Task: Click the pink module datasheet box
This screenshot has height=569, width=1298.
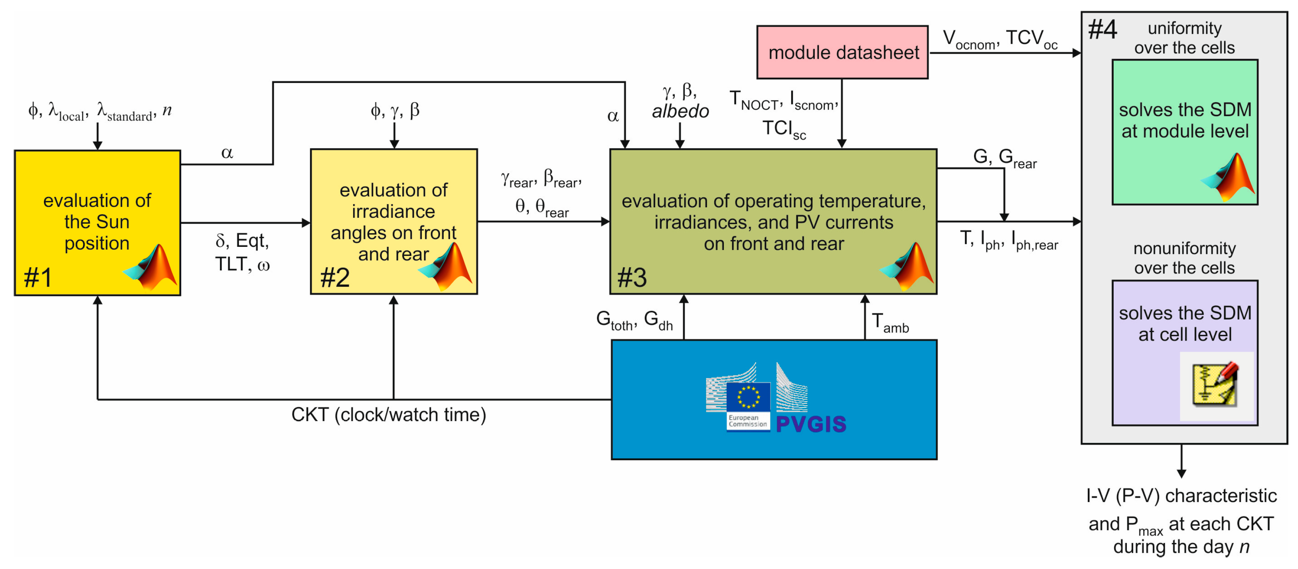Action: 842,52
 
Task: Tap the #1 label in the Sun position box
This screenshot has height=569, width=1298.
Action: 38,278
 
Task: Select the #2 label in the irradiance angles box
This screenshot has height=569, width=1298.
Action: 335,278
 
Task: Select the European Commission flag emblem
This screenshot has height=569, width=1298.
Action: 748,397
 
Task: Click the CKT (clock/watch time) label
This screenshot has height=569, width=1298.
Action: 389,415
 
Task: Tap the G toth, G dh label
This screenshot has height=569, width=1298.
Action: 634,320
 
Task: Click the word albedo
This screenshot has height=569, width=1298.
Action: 680,111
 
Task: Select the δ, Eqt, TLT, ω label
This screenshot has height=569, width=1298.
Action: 242,252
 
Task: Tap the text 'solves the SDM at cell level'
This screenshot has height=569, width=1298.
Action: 1185,324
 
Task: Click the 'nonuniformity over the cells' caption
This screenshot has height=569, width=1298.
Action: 1184,258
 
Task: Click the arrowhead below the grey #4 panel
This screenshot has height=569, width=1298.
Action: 1181,473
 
